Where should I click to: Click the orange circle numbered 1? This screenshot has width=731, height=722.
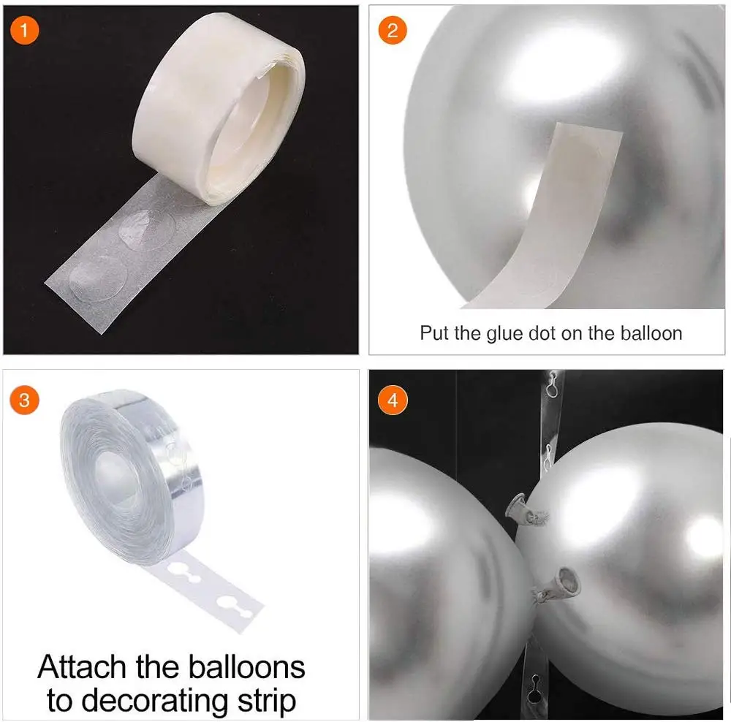pos(24,30)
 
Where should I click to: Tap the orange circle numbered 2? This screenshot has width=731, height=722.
pos(393,30)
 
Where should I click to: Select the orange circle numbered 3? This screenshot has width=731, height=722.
pos(24,400)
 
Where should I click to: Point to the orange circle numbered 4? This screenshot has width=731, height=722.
pos(393,400)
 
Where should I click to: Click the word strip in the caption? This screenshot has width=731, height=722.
pos(267,702)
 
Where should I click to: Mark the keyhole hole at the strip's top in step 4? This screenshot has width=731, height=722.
pos(552,385)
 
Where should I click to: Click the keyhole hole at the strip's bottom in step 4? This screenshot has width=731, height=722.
pos(535,688)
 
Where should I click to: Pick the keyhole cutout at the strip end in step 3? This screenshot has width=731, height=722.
pos(235,606)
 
